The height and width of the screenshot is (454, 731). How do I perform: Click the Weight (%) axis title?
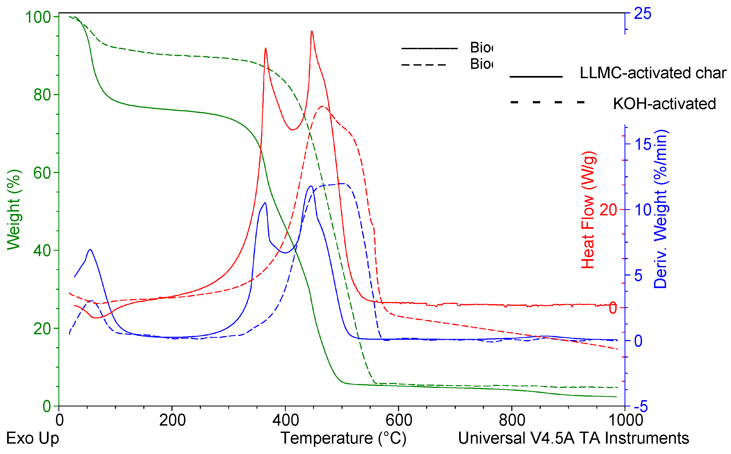point(13,210)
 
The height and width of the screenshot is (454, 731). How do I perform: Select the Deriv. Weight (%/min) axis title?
point(661,210)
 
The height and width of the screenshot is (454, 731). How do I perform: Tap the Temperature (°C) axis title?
point(343,438)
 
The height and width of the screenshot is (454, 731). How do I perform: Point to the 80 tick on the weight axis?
point(42,95)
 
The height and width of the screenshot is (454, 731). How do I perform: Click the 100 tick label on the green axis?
point(38,17)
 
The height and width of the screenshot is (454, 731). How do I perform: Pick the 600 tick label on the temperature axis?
point(399,420)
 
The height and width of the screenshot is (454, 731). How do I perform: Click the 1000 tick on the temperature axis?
point(625,420)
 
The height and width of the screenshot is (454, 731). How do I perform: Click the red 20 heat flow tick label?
point(608,210)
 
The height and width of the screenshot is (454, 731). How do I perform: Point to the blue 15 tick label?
point(643,144)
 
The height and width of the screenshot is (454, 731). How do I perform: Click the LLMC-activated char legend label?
point(653,73)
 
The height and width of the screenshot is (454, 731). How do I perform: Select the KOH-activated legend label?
point(664,104)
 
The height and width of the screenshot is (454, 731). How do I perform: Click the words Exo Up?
point(32,438)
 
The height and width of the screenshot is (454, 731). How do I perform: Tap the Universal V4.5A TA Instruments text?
point(573,438)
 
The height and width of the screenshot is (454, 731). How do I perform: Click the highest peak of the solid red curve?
point(312,31)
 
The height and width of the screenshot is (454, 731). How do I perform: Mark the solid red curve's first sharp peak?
point(265,48)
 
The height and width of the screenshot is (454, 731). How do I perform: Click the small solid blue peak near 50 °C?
point(90,250)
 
